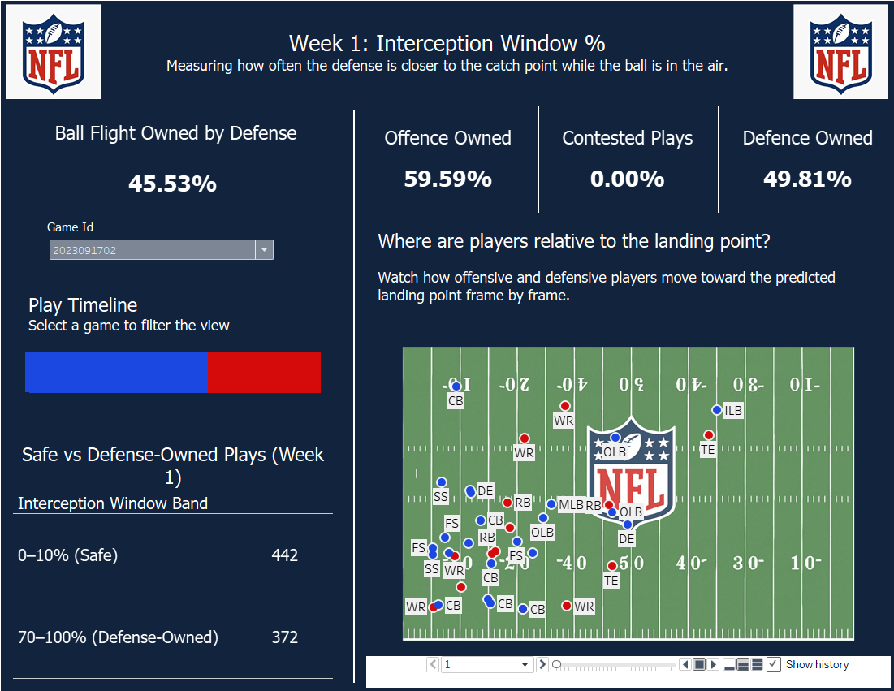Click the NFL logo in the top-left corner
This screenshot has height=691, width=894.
coord(53,51)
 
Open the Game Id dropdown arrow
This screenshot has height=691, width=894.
coord(264,250)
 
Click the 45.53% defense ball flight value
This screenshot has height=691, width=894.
coord(172,184)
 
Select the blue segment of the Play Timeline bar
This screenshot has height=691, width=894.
coord(116,373)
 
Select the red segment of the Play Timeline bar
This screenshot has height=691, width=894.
coord(264,373)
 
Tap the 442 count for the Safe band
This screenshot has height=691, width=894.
coord(285,555)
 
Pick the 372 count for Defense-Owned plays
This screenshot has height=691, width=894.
coord(285,637)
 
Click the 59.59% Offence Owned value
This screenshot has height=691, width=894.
coord(447,179)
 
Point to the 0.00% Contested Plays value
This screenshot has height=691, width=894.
coord(627,179)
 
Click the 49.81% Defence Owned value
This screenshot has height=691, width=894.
coord(807,179)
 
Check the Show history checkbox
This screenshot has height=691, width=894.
coord(774,664)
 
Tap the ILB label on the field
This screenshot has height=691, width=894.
coord(733,411)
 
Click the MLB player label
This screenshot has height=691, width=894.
coord(571,505)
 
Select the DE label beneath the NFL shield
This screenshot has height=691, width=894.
coord(626,538)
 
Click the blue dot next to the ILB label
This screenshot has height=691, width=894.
coord(716,410)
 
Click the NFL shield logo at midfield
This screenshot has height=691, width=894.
coord(631,471)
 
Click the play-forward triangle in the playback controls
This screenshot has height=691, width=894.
coord(713,664)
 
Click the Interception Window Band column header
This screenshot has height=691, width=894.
coord(113,503)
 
